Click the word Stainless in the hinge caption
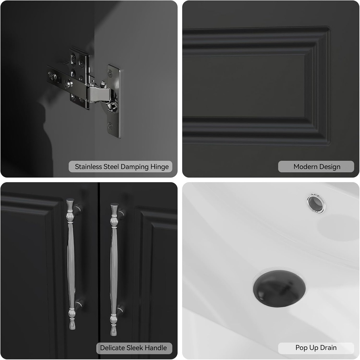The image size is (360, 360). [x=88, y=167]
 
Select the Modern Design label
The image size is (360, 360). [x=317, y=167]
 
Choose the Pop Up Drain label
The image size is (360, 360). [x=316, y=348]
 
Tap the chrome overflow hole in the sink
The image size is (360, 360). [x=315, y=204]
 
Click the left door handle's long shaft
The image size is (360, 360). [x=71, y=260]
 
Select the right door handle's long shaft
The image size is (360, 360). [x=114, y=260]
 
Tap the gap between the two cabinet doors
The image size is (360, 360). [x=99, y=267]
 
